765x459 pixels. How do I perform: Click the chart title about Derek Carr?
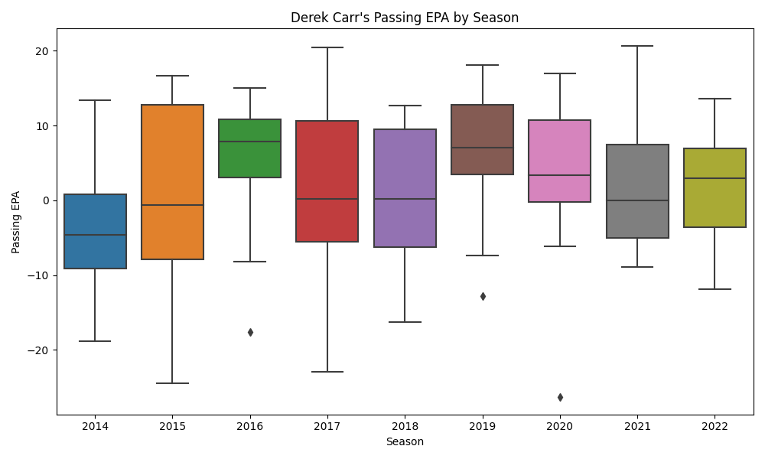pyautogui.click(x=405, y=18)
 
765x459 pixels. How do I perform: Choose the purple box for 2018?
pyautogui.click(x=405, y=188)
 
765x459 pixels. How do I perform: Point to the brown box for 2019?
pyautogui.click(x=483, y=139)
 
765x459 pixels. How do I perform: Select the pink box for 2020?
pyautogui.click(x=560, y=161)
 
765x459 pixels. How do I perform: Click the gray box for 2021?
pyautogui.click(x=637, y=191)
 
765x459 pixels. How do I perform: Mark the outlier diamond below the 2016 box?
pyautogui.click(x=250, y=332)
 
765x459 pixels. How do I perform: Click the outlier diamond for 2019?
pyautogui.click(x=483, y=296)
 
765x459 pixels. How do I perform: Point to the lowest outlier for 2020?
pyautogui.click(x=560, y=397)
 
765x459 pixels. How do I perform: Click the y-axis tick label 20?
pyautogui.click(x=40, y=51)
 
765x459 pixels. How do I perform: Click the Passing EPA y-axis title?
pyautogui.click(x=15, y=222)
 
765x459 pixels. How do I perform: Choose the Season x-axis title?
pyautogui.click(x=405, y=442)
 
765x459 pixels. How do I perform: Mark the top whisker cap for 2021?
pyautogui.click(x=637, y=46)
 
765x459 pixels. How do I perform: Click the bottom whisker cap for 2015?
pyautogui.click(x=172, y=383)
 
